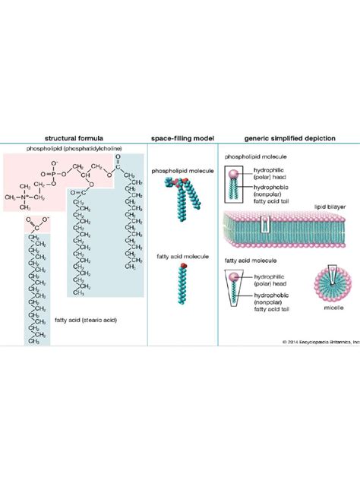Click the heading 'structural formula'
(x=74, y=139)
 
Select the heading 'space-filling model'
(x=182, y=139)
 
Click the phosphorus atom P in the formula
(x=52, y=172)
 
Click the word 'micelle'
(x=329, y=332)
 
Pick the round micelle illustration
(x=330, y=305)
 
